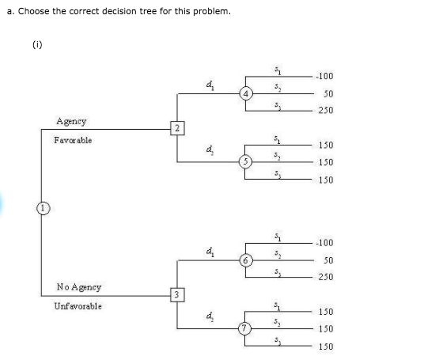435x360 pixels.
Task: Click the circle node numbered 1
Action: click(x=37, y=209)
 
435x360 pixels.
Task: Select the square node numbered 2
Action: click(x=178, y=127)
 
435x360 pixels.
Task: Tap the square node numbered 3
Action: click(x=178, y=295)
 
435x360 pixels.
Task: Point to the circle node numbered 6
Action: click(x=246, y=260)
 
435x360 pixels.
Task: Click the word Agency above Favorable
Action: click(x=71, y=121)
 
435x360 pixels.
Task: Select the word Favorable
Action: click(x=73, y=140)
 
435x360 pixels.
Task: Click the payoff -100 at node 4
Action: click(x=323, y=77)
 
